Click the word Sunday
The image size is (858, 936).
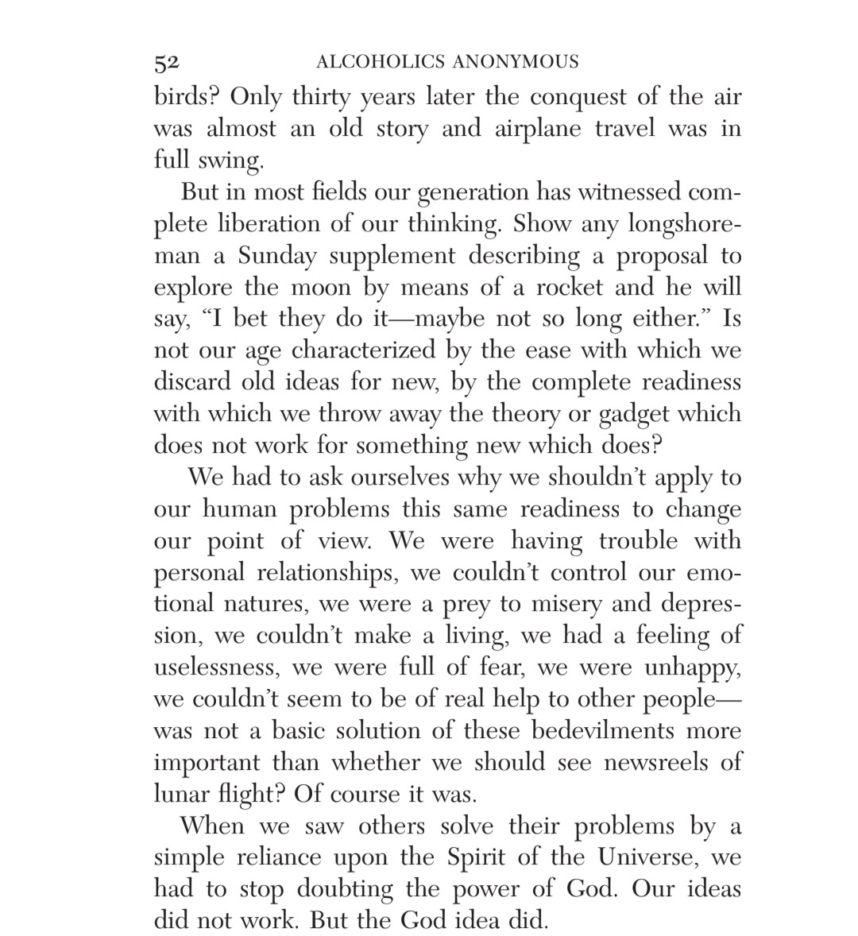click(x=277, y=256)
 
